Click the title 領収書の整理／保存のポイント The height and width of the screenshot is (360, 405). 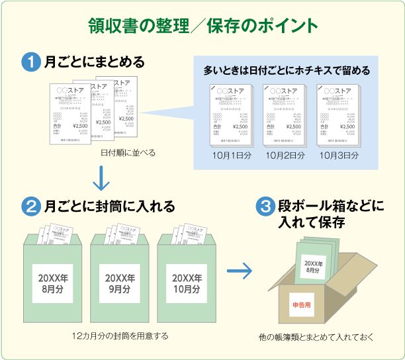click(202, 25)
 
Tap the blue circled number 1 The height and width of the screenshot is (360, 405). click(31, 63)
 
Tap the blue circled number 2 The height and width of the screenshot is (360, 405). click(31, 206)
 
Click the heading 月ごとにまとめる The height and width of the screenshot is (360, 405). click(94, 63)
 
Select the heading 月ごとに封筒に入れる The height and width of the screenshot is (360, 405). click(109, 206)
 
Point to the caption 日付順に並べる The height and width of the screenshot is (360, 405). click(128, 152)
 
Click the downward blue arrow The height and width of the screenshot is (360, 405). click(101, 177)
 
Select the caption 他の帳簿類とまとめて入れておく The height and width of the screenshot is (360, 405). click(316, 337)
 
